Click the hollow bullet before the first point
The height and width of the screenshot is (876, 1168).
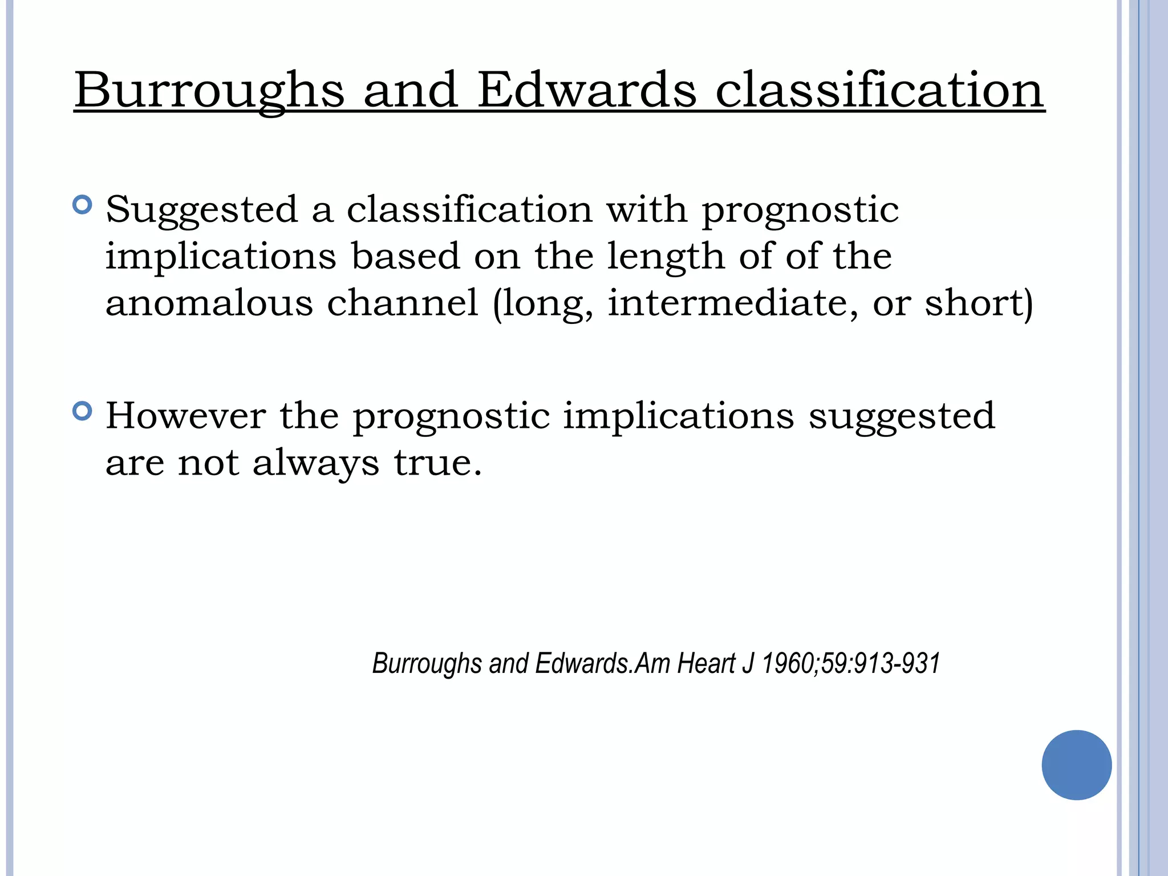(x=83, y=205)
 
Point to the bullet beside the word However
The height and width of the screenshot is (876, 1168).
(x=83, y=411)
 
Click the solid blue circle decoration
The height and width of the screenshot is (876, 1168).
(x=1076, y=765)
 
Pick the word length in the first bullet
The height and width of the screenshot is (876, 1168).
(x=666, y=257)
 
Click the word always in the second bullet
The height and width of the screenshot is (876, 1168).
(x=315, y=463)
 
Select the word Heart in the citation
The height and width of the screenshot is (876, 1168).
(x=707, y=663)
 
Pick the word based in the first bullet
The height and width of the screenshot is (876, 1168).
(x=405, y=256)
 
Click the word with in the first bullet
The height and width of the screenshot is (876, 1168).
(x=647, y=209)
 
